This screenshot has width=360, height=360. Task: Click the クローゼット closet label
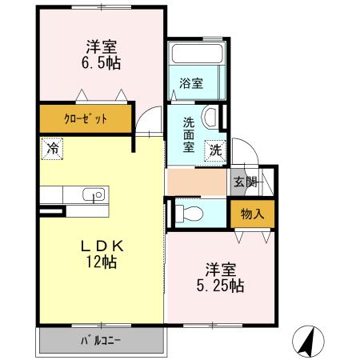click(86, 120)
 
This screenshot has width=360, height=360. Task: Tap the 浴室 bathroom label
click(192, 83)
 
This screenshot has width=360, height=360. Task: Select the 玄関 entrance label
click(245, 181)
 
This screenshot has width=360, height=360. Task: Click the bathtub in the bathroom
click(197, 58)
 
